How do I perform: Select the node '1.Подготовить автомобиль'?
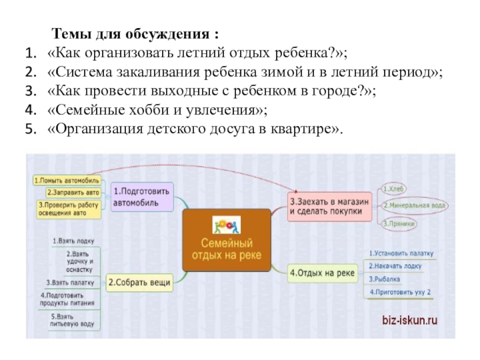(x=142, y=197)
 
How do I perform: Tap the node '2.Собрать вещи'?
(x=139, y=281)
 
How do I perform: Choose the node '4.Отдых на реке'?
(x=323, y=273)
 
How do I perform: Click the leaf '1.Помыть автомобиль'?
(x=62, y=180)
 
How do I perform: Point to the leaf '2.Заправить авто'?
(x=71, y=193)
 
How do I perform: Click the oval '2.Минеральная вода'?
(x=414, y=206)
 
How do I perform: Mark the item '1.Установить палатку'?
(x=400, y=254)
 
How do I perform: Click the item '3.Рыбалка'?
(x=385, y=279)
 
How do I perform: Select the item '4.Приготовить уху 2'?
(x=400, y=292)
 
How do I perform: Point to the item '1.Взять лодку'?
(x=73, y=241)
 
